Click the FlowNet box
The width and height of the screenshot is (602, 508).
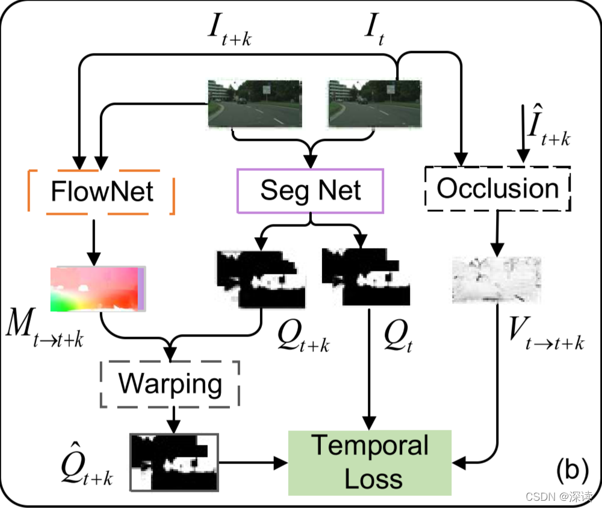coord(102,191)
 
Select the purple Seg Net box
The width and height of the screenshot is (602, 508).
coord(310,190)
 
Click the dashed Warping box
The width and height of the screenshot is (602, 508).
coord(170,383)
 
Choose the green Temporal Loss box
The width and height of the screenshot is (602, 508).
coord(370,462)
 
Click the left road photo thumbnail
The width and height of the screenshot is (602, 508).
coord(255,104)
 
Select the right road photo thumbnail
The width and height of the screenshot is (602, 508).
coord(374,104)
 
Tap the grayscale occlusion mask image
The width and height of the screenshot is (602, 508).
coord(497,279)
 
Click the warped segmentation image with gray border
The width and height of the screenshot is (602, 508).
coord(174,462)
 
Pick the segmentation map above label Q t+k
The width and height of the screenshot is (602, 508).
coord(261,278)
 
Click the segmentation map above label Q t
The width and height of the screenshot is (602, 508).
coord(366,278)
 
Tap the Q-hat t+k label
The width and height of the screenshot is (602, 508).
coord(87,464)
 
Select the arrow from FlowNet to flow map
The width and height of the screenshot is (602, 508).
coord(93,241)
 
